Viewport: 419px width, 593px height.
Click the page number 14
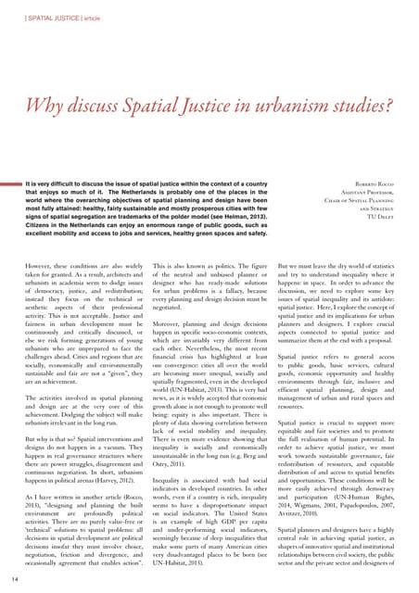pyautogui.click(x=10, y=578)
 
